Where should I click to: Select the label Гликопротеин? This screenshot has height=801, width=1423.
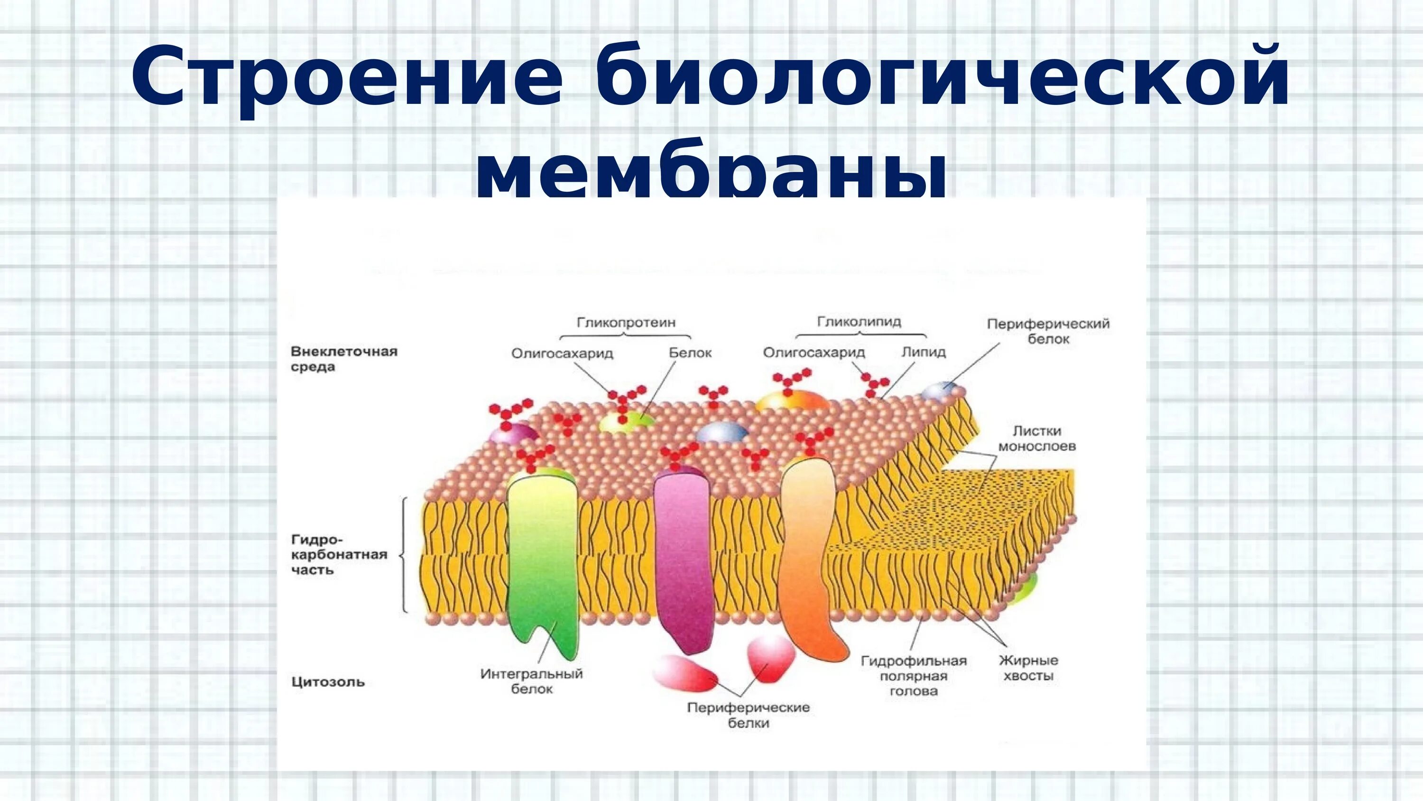click(626, 322)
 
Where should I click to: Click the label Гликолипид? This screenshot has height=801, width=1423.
click(859, 321)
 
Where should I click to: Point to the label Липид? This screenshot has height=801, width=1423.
click(924, 352)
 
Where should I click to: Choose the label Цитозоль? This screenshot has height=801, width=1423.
click(328, 681)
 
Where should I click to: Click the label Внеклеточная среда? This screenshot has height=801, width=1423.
click(343, 359)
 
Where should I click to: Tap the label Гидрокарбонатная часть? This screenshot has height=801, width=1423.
click(339, 554)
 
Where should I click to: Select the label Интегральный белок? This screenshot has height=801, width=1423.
click(531, 681)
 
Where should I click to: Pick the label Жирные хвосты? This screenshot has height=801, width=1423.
click(1028, 667)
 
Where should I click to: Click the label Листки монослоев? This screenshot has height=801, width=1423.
click(1037, 438)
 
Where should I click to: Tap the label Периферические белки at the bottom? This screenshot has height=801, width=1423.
click(748, 715)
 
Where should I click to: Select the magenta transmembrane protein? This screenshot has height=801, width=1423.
click(683, 559)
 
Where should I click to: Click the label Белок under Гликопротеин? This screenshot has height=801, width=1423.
click(690, 352)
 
